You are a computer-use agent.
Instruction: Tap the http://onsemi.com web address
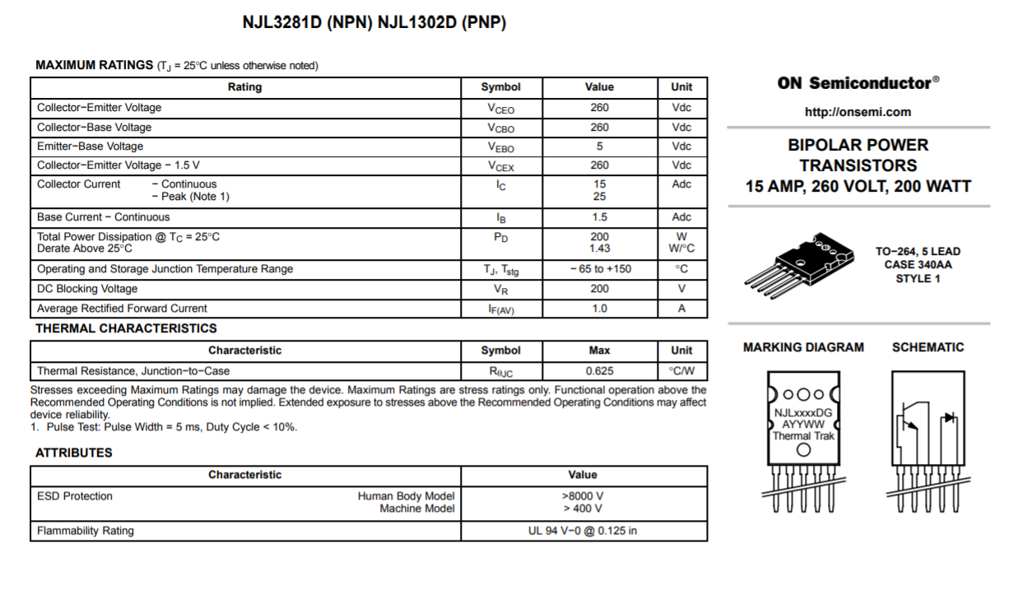point(858,112)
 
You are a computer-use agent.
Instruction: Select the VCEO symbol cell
point(500,108)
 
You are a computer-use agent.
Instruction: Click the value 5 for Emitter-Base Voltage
point(599,146)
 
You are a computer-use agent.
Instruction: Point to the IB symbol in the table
point(500,218)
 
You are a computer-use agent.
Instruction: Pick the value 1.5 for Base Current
point(599,217)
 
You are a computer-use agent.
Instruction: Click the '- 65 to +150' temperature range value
point(600,269)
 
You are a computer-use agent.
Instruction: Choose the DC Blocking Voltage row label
point(87,289)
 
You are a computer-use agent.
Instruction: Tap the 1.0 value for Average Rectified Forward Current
point(599,309)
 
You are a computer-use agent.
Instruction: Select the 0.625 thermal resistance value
point(599,371)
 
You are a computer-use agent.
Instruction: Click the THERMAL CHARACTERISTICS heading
point(126,328)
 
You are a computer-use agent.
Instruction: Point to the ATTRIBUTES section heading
point(74,453)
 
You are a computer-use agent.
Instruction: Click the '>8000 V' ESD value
point(583,496)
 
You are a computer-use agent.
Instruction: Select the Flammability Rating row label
point(86,531)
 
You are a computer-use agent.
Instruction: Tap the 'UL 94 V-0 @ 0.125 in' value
point(583,531)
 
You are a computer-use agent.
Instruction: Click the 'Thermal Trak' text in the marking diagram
point(803,436)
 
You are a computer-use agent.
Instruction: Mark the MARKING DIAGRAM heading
point(803,347)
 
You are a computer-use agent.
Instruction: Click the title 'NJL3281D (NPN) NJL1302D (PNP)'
point(374,23)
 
